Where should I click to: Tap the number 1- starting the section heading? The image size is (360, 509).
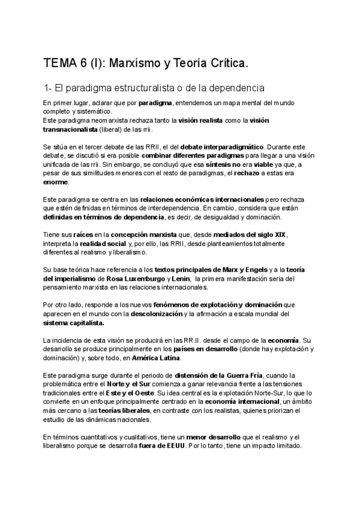(x=49, y=88)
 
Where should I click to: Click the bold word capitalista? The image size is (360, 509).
(x=86, y=322)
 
